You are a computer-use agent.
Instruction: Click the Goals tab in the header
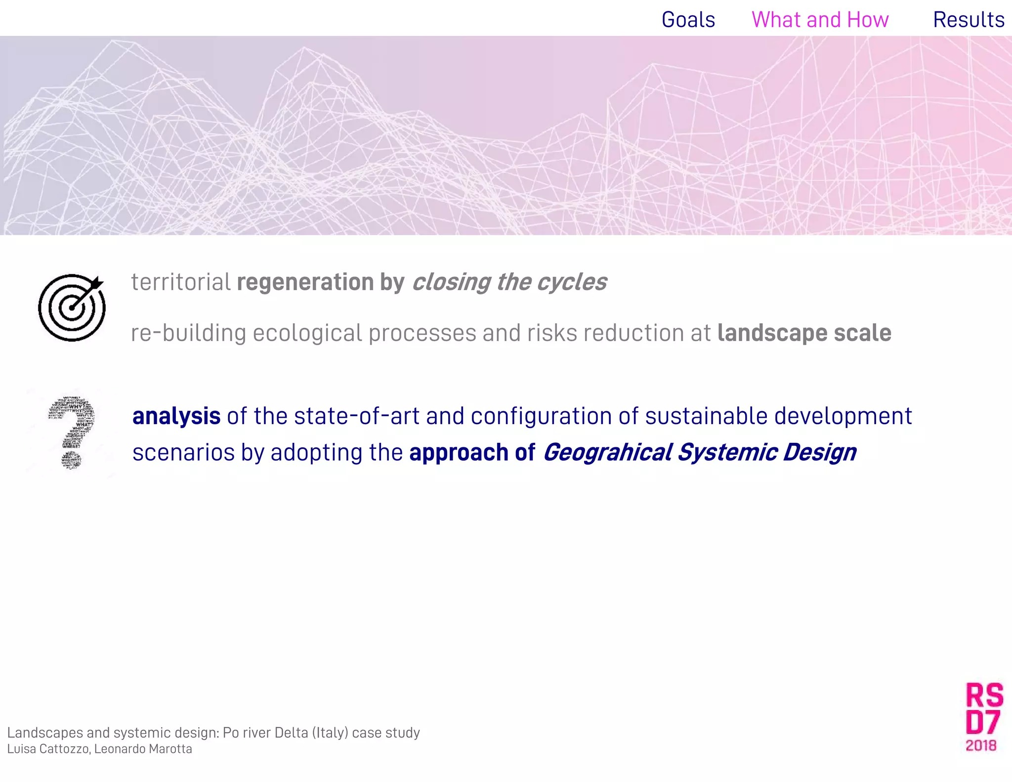point(688,20)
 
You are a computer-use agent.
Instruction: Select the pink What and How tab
point(820,20)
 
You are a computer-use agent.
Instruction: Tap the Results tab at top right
point(968,20)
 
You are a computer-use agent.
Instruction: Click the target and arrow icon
point(72,307)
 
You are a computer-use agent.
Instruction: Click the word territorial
point(180,282)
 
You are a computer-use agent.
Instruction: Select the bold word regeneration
point(305,282)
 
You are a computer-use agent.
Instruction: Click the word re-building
point(188,333)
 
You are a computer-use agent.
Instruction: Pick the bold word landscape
point(772,333)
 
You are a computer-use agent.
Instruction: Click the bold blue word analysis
point(176,416)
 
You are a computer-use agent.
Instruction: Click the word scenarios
point(183,453)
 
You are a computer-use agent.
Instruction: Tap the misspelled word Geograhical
point(608,453)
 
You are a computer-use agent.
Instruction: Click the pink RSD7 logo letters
point(984,709)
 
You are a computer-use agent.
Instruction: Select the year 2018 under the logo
point(981,745)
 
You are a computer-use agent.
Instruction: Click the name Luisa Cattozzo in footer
point(48,749)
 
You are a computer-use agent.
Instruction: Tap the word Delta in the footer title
point(291,733)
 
